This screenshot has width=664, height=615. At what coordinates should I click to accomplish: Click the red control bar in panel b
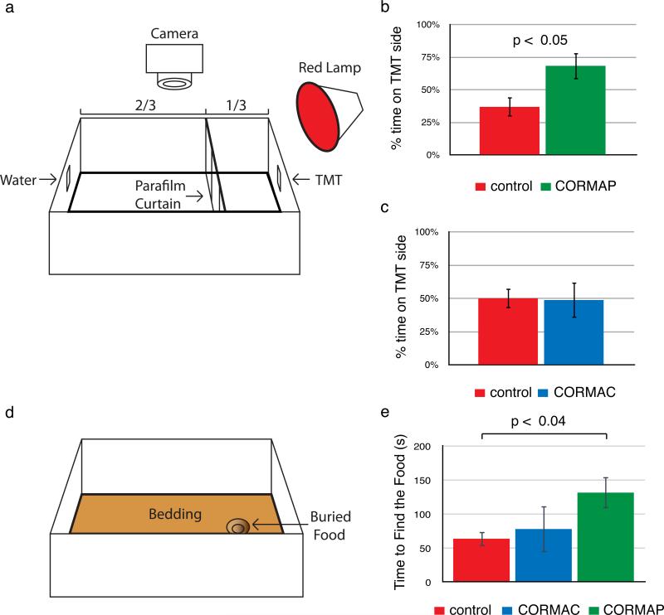(510, 130)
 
